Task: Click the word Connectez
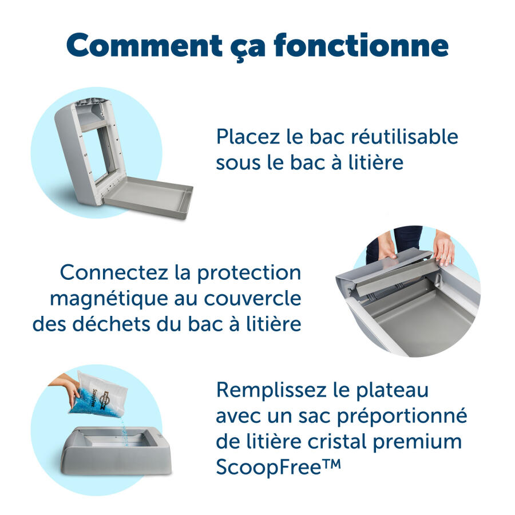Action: (113, 272)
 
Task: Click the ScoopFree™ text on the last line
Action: (278, 467)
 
